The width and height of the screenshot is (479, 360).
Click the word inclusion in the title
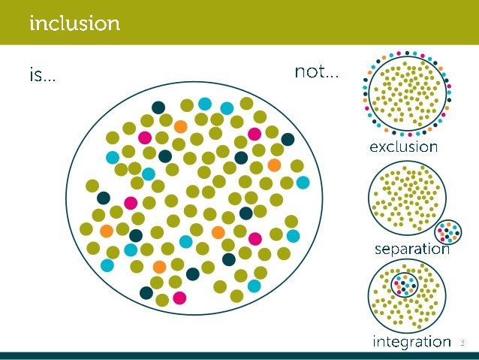pos(74,23)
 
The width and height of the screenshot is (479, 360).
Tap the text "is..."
pos(42,74)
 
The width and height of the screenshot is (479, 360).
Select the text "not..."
pos(316,73)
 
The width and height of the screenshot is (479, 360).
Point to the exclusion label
pos(402,147)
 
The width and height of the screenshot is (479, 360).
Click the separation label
pos(411,249)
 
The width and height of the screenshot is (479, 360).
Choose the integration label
pos(411,342)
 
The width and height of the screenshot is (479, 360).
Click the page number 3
pos(462,343)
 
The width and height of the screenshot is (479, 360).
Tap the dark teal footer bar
pos(239,355)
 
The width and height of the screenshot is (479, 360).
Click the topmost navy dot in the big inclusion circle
pos(158,107)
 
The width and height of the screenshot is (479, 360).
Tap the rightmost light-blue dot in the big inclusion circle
pos(303,183)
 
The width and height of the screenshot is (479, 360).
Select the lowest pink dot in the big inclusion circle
pos(179,297)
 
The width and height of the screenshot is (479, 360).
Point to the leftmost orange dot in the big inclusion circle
pos(107,230)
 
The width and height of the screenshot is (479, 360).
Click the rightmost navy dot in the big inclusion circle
pos(288,139)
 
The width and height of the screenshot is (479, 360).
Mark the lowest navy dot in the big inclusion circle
pos(146,292)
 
